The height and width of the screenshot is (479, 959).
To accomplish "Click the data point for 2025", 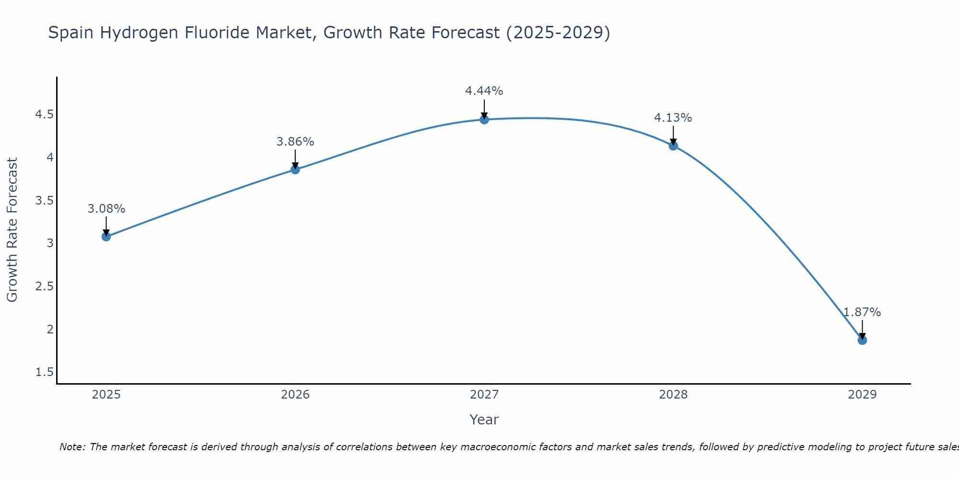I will click(106, 236).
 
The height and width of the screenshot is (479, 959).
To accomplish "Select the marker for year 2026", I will click(295, 169).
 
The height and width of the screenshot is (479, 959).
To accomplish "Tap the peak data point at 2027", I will click(484, 119).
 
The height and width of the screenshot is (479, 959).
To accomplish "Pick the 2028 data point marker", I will click(673, 146).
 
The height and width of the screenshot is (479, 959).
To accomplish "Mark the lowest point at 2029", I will click(862, 340).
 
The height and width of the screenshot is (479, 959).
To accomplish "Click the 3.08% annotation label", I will click(106, 209).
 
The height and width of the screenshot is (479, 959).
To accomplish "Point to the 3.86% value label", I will click(295, 142).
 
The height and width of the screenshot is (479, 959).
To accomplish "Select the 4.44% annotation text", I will click(484, 91).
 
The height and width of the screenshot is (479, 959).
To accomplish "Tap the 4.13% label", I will click(673, 118).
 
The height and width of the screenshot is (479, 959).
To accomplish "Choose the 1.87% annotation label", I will click(862, 312).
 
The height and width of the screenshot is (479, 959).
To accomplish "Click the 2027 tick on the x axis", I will click(484, 395).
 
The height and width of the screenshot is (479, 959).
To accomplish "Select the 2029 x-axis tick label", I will click(862, 395).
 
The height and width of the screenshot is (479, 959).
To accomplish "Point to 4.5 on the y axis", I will click(45, 114).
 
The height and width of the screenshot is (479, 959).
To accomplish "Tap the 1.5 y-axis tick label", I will click(45, 372).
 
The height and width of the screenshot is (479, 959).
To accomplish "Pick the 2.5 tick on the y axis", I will click(45, 286).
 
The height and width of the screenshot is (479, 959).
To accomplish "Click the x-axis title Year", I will click(484, 420).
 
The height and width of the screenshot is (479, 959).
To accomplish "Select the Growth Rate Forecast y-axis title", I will click(12, 230).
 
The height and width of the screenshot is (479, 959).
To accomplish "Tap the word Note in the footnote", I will click(72, 447).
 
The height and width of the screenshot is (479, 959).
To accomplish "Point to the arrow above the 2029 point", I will click(862, 330).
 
